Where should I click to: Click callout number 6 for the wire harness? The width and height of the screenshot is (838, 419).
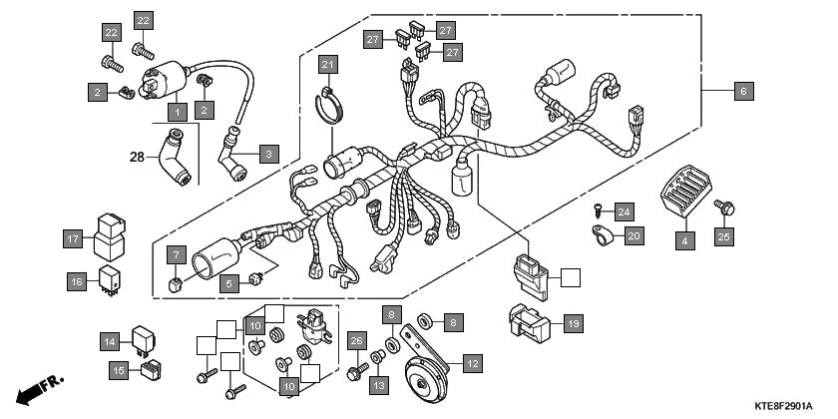[742, 91]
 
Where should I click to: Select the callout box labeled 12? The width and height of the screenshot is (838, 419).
[472, 364]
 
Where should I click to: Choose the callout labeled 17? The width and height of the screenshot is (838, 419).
[73, 239]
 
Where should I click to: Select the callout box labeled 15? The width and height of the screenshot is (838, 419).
[118, 370]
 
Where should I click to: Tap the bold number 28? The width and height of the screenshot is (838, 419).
[137, 156]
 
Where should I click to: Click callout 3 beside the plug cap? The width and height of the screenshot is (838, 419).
[267, 154]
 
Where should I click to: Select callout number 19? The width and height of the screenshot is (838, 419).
[573, 323]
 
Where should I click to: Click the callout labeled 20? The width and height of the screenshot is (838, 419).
[632, 236]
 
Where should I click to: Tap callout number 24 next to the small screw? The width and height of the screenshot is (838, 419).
[623, 210]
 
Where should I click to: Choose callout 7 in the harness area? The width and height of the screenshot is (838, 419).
[176, 253]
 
